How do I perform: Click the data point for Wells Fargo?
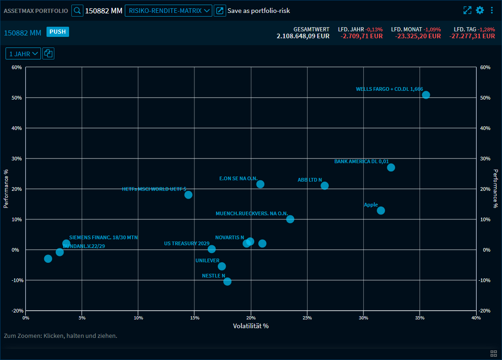[x=426, y=95]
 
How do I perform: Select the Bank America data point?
[x=391, y=167]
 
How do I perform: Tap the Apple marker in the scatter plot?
[x=381, y=211]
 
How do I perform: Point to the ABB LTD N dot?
[x=325, y=186]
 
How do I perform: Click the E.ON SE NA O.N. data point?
[x=260, y=184]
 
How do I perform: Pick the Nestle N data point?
[x=227, y=282]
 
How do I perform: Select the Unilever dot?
[x=222, y=266]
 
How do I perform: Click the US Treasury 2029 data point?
[x=212, y=249]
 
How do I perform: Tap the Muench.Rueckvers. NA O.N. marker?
[x=290, y=219]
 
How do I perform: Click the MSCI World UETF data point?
[x=188, y=195]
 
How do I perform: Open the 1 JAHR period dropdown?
[x=23, y=54]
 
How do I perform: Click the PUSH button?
[x=58, y=32]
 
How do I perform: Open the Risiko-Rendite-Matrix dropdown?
[x=168, y=11]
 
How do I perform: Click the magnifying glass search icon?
[x=77, y=11]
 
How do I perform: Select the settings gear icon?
[x=480, y=10]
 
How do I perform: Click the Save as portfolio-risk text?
[x=258, y=11]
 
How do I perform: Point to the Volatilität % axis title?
[x=251, y=326]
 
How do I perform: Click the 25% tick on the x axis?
[x=307, y=318]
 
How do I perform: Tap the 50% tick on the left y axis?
[x=17, y=98]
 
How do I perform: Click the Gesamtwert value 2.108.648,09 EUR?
[x=303, y=36]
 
